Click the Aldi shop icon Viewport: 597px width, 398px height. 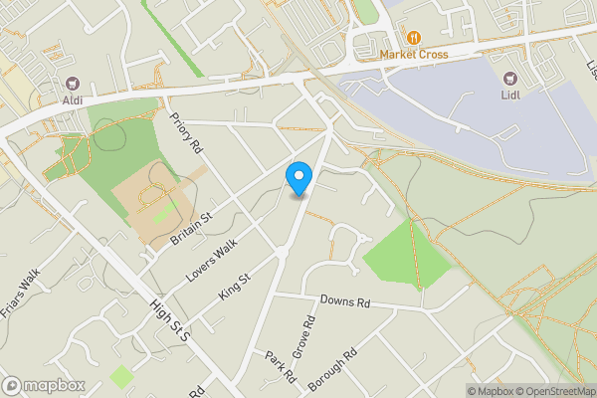tap(72, 85)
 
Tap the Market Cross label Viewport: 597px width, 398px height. tap(412, 54)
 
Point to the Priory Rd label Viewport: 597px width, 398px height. tap(187, 132)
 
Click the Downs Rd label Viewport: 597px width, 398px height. tap(345, 301)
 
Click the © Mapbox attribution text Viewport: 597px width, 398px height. tap(494, 391)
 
